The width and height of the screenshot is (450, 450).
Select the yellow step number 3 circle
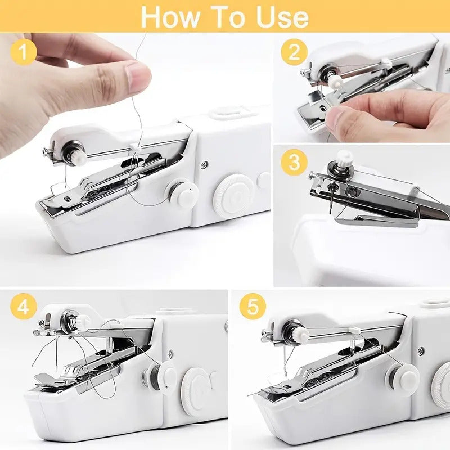[294, 163]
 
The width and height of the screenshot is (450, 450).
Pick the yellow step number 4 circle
[23, 308]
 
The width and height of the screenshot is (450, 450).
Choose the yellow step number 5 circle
[253, 308]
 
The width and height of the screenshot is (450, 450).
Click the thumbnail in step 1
[137, 77]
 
